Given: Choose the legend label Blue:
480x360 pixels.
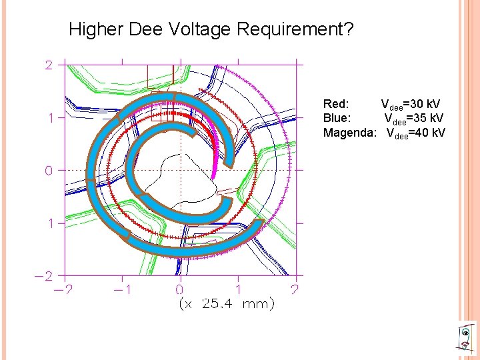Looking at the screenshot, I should [337, 118].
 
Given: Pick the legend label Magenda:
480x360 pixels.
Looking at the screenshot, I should [351, 133].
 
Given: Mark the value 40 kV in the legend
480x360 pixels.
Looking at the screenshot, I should [429, 133].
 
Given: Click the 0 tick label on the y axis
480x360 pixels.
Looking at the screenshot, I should [49, 170].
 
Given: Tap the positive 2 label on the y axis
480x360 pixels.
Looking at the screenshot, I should [49, 65].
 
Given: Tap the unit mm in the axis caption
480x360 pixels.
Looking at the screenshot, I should [257, 305].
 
